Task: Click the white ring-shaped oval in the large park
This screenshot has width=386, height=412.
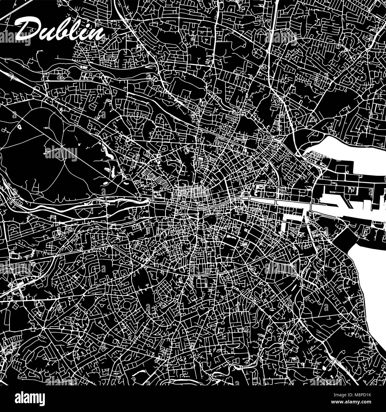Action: (x=20, y=127)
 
